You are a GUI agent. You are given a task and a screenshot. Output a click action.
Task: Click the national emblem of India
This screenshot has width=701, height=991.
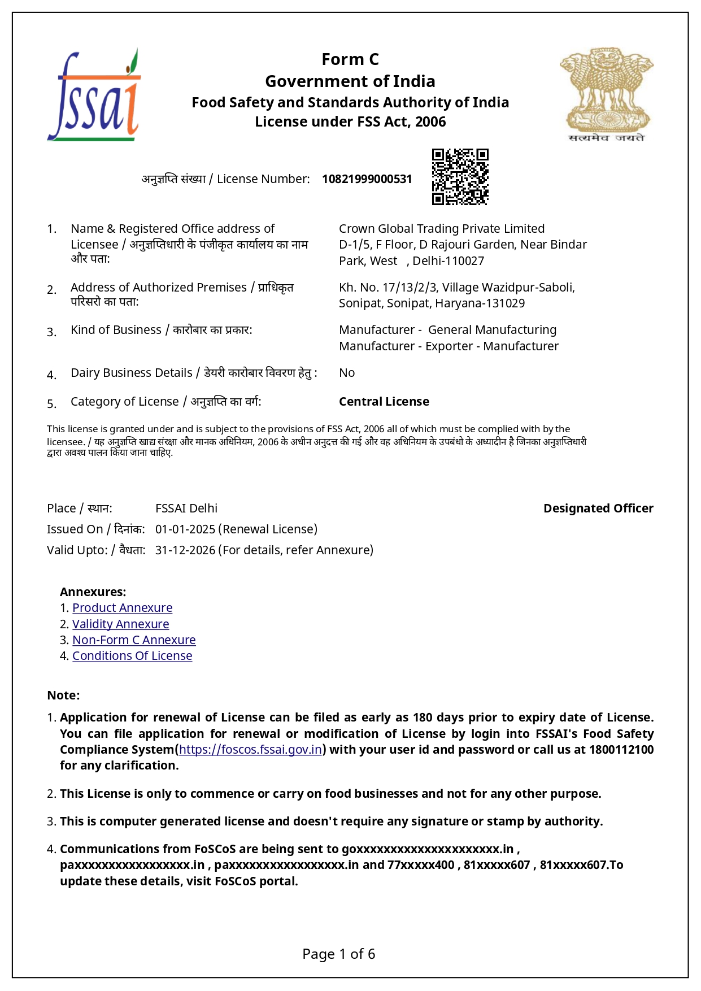(x=607, y=93)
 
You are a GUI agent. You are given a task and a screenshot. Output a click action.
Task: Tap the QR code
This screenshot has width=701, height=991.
(x=460, y=177)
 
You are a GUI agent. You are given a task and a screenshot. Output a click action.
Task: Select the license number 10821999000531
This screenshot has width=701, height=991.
(x=367, y=179)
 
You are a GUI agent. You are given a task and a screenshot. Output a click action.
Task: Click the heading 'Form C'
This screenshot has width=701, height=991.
(x=350, y=59)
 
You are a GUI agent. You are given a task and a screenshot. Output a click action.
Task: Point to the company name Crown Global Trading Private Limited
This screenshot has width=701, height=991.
(x=442, y=229)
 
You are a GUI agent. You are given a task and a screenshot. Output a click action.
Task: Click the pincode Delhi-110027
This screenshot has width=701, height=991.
(x=448, y=261)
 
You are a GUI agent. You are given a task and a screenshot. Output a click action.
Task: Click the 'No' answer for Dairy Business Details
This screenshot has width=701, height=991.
(x=347, y=373)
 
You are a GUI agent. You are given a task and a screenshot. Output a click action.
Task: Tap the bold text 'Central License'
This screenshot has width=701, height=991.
(x=384, y=402)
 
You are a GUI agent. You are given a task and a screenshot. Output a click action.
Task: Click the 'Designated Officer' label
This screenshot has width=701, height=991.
(x=598, y=508)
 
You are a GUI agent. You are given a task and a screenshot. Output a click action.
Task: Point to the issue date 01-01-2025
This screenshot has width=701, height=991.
(x=185, y=529)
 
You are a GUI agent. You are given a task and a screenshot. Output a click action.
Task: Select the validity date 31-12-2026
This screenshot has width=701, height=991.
(x=185, y=550)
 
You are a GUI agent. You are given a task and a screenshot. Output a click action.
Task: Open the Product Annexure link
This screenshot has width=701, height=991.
(x=122, y=608)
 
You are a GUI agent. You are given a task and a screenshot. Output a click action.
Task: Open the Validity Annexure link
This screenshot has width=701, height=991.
(x=120, y=624)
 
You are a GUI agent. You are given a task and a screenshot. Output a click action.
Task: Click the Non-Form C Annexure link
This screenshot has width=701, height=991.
(x=134, y=640)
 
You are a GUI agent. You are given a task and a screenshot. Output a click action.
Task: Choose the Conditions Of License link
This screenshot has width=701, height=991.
(x=132, y=656)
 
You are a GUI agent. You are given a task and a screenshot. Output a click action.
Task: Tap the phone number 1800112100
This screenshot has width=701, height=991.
(x=621, y=750)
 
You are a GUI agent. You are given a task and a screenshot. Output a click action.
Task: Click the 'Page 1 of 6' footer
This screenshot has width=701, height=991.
(x=338, y=954)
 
